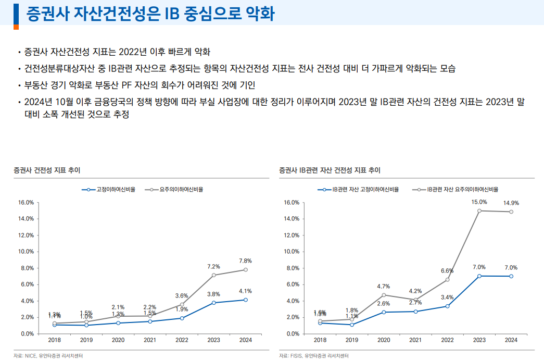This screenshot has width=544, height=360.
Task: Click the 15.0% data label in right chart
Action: [479, 202]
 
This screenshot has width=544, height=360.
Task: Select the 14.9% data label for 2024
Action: [511, 203]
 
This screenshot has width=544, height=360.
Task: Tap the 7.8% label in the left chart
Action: [245, 260]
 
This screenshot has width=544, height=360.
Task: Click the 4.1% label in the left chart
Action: [245, 291]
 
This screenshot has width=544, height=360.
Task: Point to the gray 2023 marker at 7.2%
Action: [213, 275]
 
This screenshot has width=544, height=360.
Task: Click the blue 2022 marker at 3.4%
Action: [447, 306]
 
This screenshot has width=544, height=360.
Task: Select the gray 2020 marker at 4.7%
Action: [384, 295]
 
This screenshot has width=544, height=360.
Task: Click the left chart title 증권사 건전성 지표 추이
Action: [47, 170]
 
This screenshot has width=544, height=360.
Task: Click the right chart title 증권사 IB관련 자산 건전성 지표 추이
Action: [330, 170]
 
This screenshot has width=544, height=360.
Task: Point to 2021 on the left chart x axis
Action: [150, 340]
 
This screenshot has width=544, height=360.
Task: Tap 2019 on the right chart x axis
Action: [352, 340]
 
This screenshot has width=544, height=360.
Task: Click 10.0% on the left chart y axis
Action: [26, 252]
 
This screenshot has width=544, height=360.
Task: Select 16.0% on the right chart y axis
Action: [292, 202]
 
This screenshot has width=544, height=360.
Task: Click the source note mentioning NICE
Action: [47, 356]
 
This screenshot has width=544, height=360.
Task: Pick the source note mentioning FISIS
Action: [313, 356]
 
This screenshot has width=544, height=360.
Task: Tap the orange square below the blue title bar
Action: [16, 27]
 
